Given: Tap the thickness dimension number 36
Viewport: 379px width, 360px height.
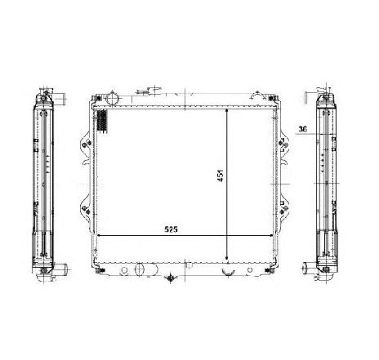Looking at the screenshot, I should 301,129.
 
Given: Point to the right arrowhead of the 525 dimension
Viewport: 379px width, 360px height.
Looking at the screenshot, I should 272,237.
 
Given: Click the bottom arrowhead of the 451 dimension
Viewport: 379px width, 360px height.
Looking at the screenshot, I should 228,256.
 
